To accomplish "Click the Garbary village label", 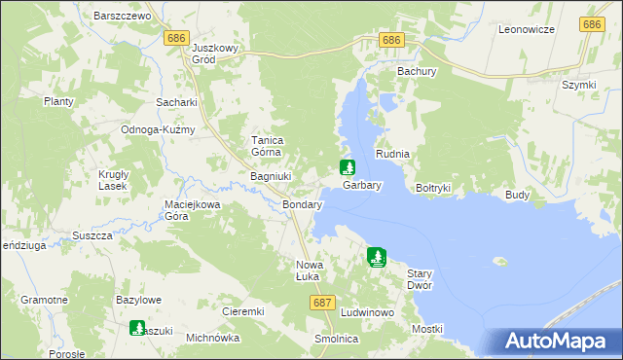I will (361, 184).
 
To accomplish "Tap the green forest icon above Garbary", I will (347, 167).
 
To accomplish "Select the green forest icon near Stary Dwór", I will (377, 258).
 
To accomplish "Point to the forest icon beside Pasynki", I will (137, 329).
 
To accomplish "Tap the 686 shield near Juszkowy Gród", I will (176, 38).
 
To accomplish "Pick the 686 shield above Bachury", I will (391, 40).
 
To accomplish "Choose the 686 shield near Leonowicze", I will (591, 23).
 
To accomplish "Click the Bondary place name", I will (302, 206).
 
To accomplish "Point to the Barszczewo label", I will (122, 17).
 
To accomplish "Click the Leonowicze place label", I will (526, 30).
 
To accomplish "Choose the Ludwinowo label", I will (367, 312).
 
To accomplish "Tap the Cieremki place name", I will (243, 311).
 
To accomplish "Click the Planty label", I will (58, 101).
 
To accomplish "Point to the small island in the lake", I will (500, 261).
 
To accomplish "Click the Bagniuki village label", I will (267, 176).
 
